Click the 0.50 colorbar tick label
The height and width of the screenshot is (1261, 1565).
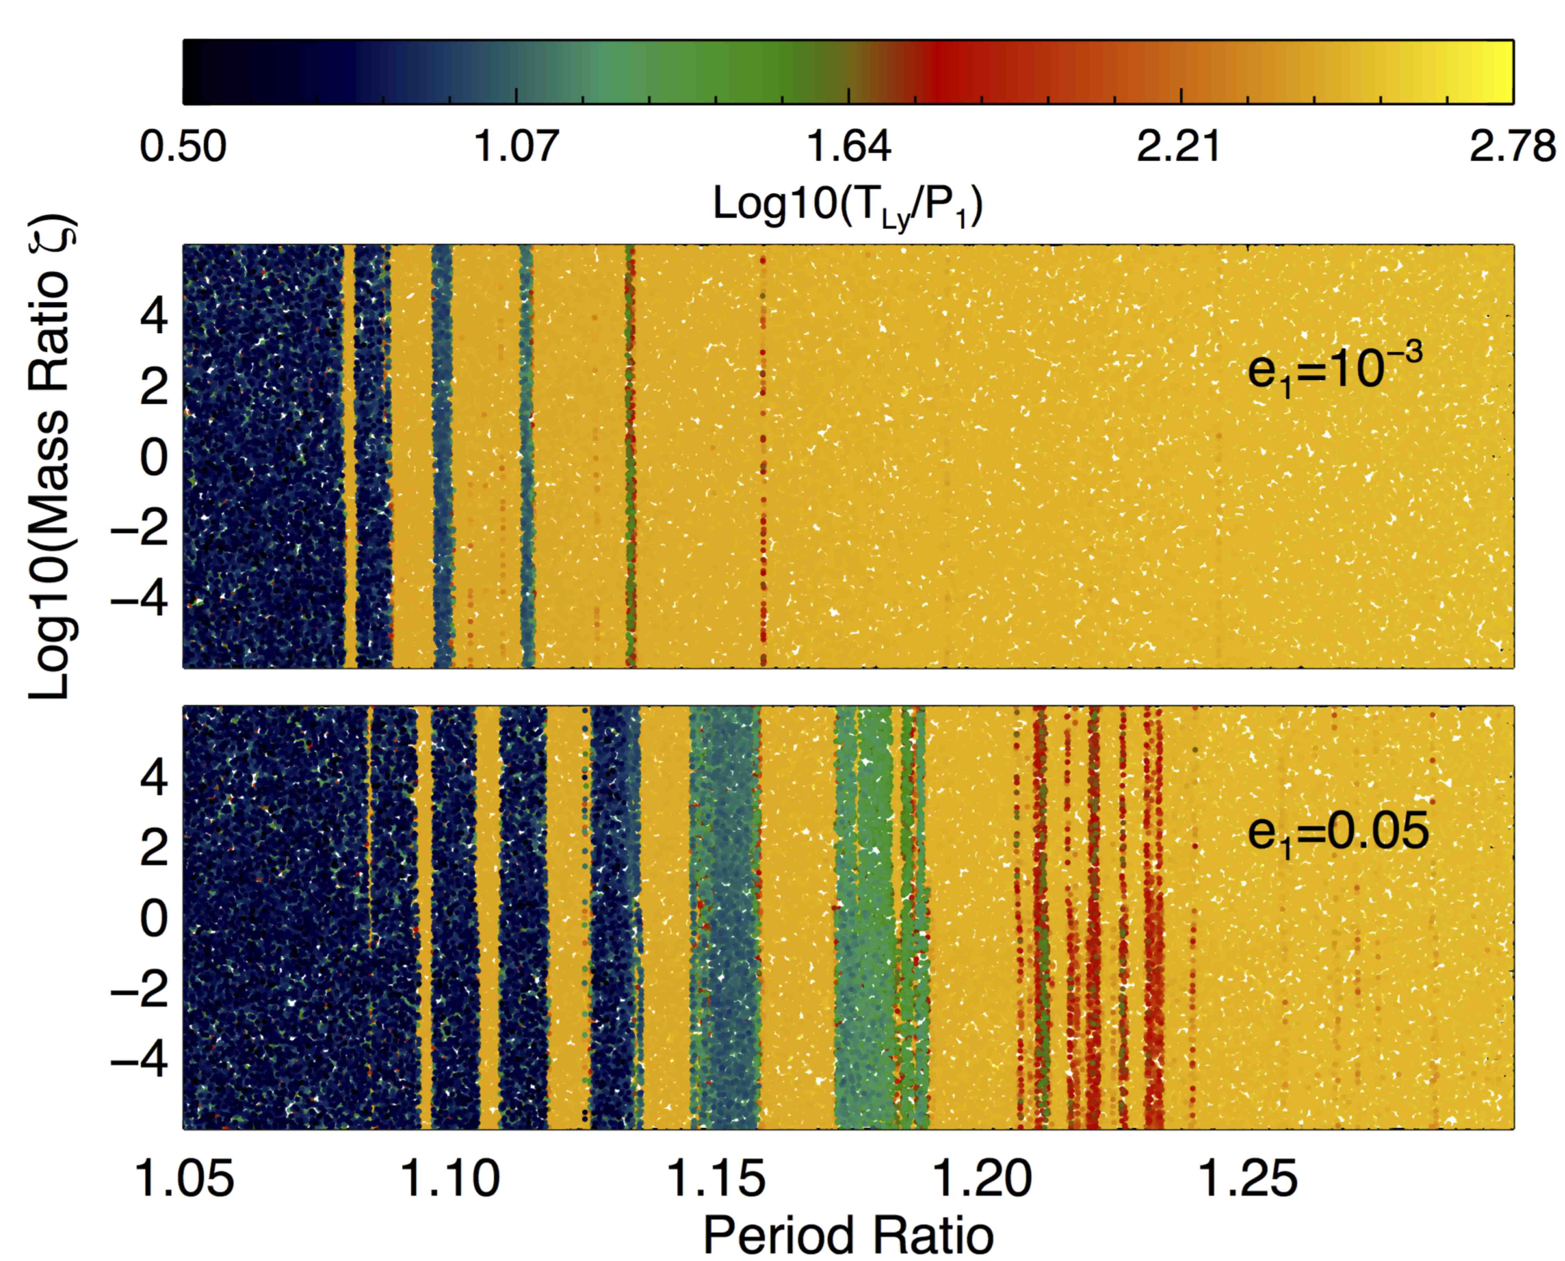tap(183, 147)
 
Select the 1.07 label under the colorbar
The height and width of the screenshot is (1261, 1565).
tap(516, 147)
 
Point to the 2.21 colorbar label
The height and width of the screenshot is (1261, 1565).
tap(1180, 147)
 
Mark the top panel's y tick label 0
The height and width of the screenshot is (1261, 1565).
tap(154, 458)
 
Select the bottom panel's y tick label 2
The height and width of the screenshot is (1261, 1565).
tap(154, 848)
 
